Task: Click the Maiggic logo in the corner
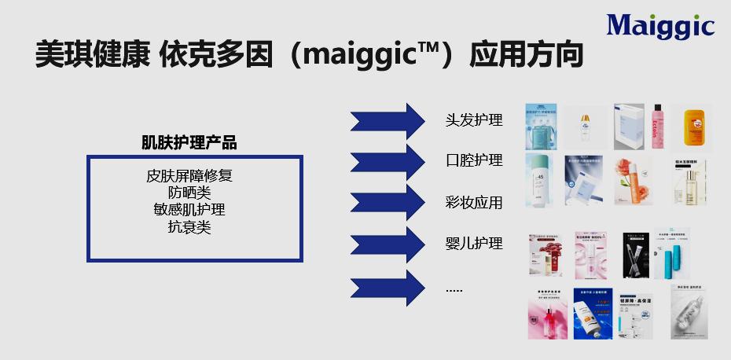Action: tap(660, 26)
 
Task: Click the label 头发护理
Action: tap(474, 120)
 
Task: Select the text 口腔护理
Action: tap(474, 161)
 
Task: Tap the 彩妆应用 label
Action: tap(474, 203)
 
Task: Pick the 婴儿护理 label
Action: tap(474, 244)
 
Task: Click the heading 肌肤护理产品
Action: tap(189, 143)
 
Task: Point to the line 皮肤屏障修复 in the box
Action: tap(189, 175)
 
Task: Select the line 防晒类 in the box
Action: tap(189, 193)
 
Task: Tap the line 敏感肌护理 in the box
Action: tap(189, 210)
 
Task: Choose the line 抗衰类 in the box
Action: tap(189, 227)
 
